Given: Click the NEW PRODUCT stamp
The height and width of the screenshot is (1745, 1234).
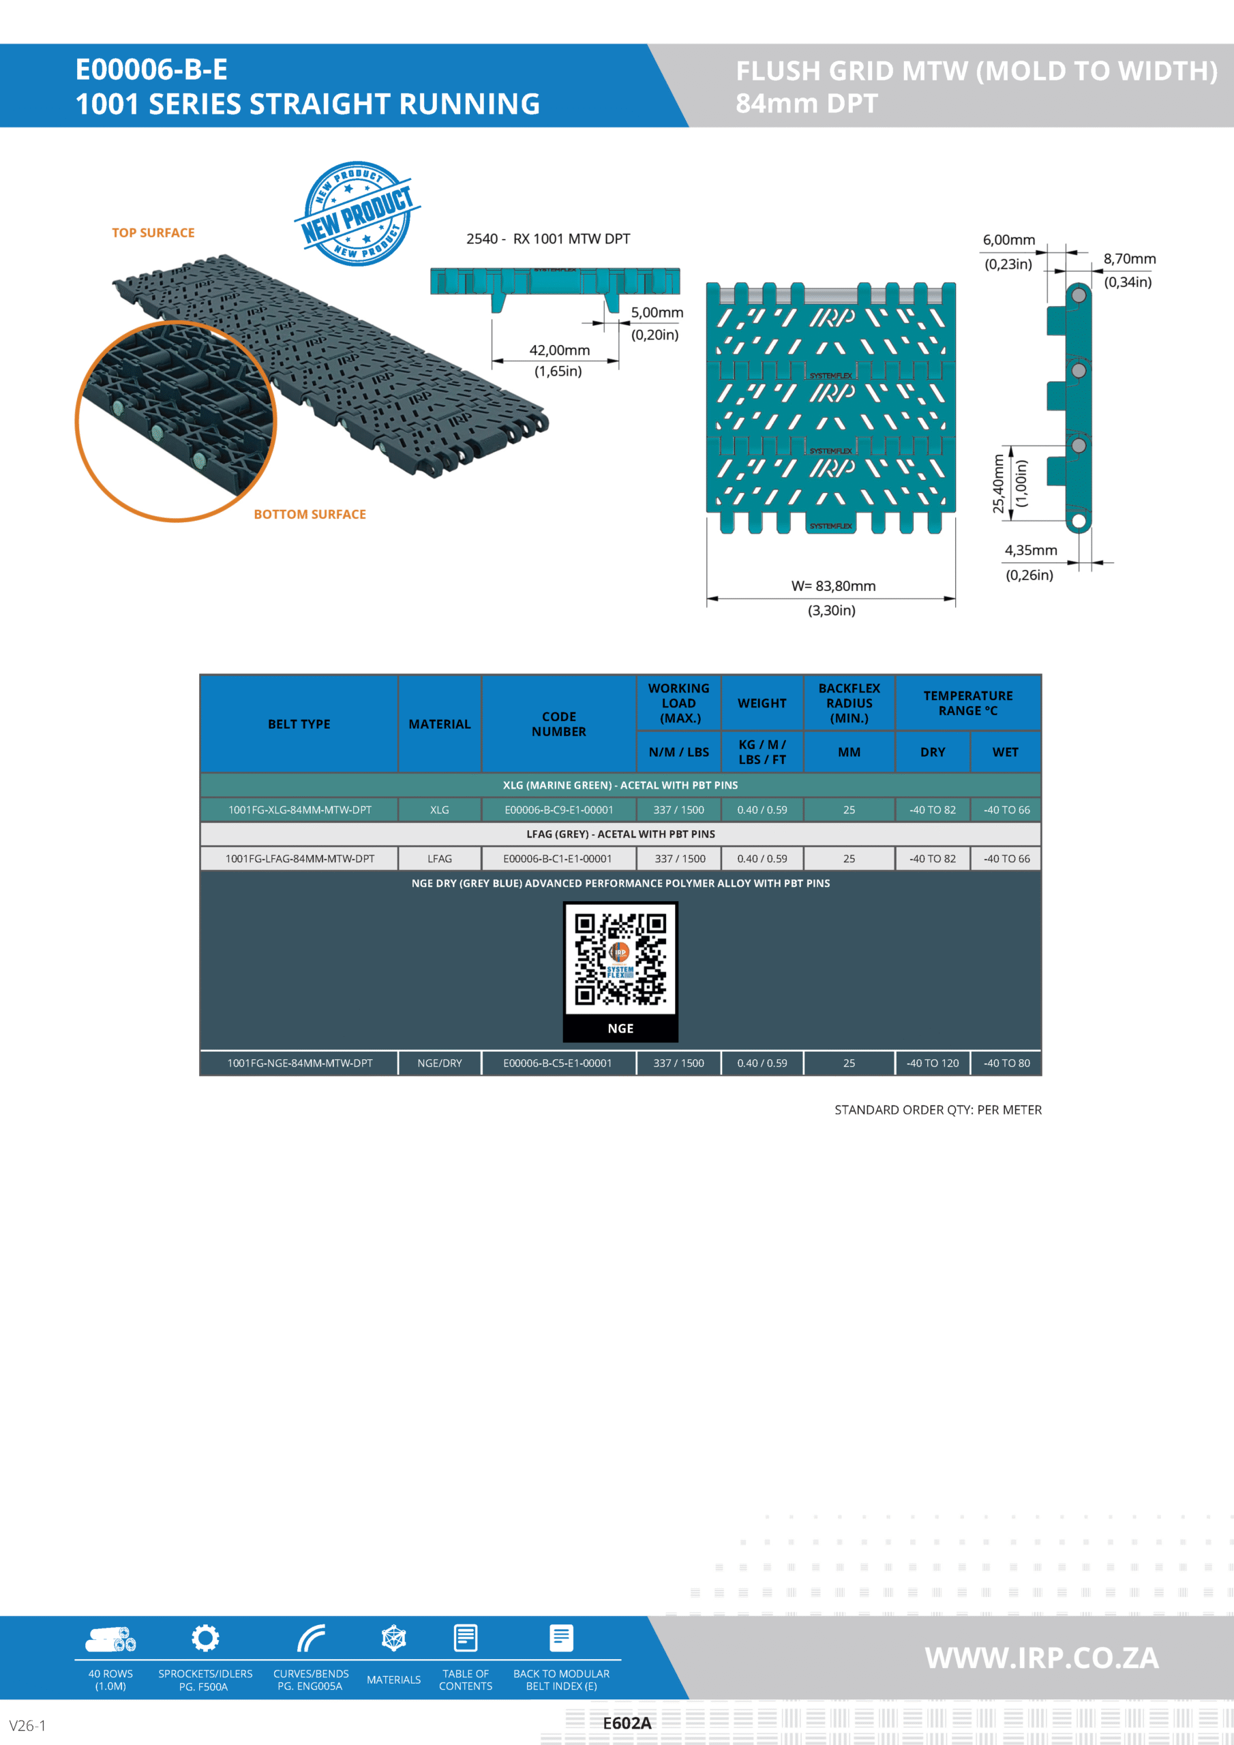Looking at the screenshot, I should pos(357,213).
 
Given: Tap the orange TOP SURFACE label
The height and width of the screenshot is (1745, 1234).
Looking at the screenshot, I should pos(153,232).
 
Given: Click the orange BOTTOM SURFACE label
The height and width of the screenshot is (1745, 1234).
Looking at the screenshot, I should pos(310,515).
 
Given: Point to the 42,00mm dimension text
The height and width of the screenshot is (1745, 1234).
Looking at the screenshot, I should pos(560,350).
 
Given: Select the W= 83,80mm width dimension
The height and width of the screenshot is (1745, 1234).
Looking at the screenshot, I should pos(833,586).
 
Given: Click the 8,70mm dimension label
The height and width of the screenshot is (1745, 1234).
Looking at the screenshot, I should pos(1129,259).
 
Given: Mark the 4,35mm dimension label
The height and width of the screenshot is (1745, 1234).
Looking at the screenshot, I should pos(1031,550).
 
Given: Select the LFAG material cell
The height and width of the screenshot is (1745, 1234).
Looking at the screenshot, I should pos(440,859).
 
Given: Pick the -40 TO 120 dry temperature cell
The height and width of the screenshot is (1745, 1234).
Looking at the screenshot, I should pos(932,1063).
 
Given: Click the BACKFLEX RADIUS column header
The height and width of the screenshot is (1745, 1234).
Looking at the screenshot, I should pos(849,703).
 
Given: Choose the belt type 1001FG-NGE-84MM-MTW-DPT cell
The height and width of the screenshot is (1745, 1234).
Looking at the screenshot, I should pos(299,1063).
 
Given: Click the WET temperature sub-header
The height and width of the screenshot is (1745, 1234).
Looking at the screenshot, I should pos(1005,753).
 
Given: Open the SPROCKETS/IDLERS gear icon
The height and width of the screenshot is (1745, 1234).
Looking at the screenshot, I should pos(205,1638).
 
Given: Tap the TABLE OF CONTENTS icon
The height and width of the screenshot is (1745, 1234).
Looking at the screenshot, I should pos(466,1639).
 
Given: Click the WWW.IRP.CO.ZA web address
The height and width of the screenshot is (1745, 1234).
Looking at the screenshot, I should pos(1042,1658).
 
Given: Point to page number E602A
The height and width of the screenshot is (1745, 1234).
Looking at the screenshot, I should pos(627,1723).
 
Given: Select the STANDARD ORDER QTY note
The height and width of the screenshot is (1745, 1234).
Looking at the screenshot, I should pos(937,1110).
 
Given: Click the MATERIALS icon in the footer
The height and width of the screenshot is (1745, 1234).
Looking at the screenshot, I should pos(393,1639).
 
